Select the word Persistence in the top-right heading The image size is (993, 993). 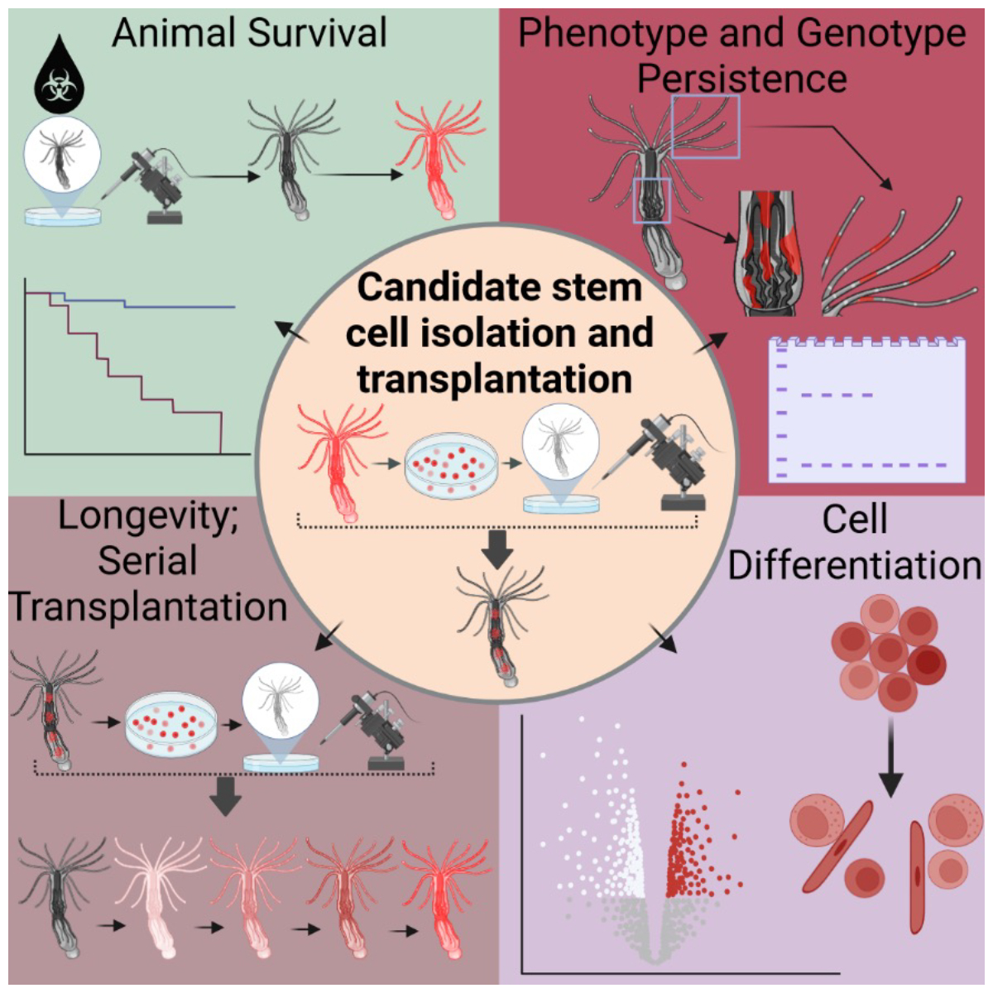point(742,79)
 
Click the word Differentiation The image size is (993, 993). point(854,565)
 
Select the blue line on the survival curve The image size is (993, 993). point(178,306)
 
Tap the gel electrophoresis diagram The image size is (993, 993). point(867,408)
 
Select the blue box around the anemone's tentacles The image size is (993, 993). point(705,126)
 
